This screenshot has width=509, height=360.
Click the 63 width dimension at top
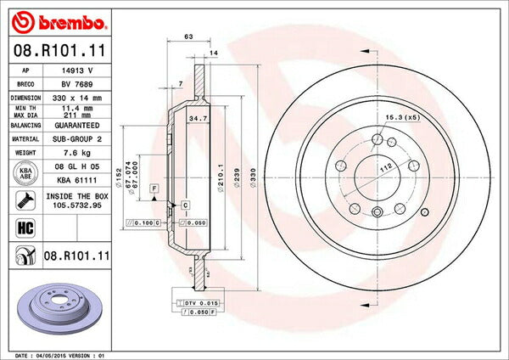click(x=189, y=37)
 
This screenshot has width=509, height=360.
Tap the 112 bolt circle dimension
click(x=387, y=166)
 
